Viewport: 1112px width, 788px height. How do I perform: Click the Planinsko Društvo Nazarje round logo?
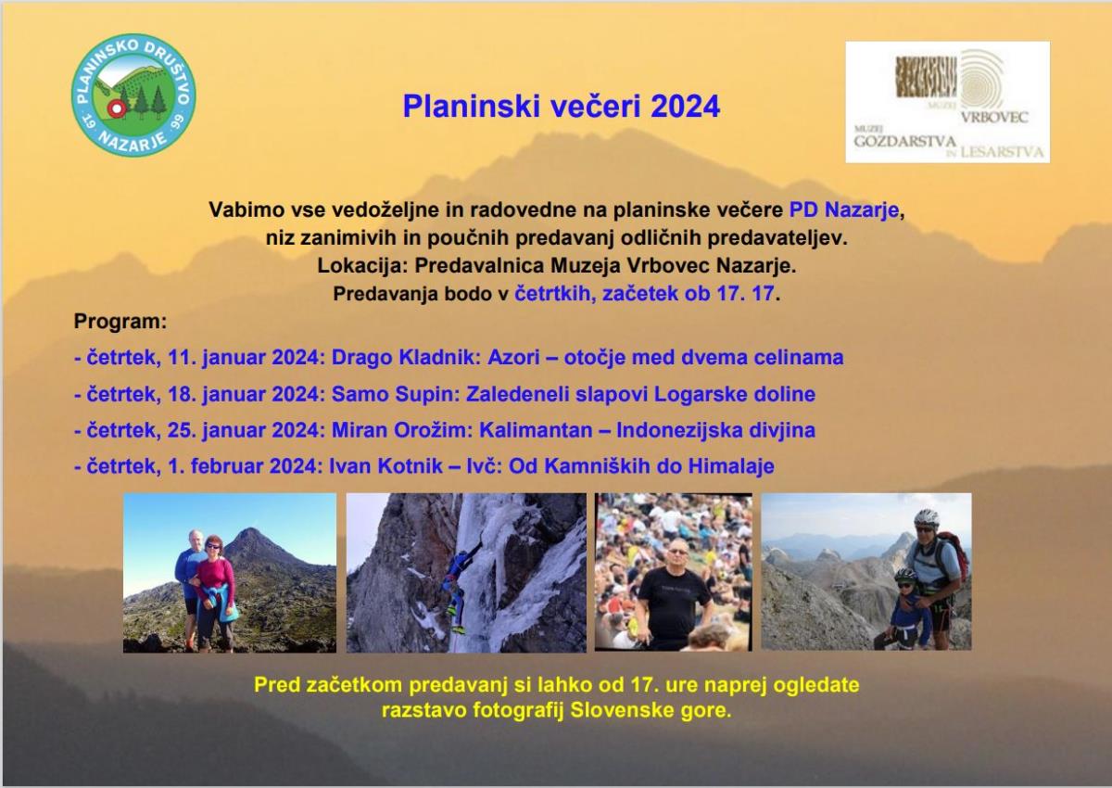[133, 95]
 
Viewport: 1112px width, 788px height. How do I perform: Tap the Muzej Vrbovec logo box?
[947, 102]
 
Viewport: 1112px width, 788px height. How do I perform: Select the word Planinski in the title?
[471, 107]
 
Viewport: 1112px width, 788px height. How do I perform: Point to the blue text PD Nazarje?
[844, 210]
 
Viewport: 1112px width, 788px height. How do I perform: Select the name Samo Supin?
[394, 394]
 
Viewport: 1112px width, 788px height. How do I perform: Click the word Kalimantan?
[536, 430]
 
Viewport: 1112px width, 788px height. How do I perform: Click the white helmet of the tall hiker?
[927, 517]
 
